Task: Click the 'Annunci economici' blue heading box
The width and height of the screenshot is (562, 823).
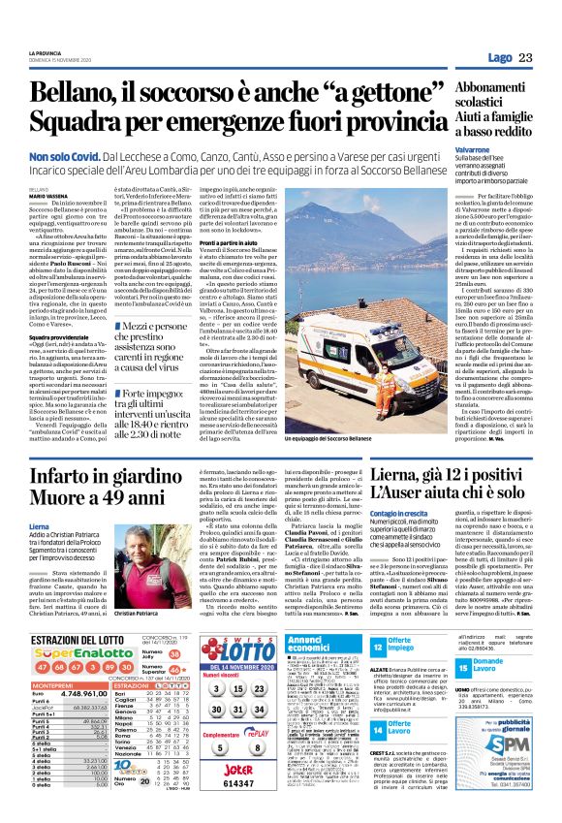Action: tap(324, 645)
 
